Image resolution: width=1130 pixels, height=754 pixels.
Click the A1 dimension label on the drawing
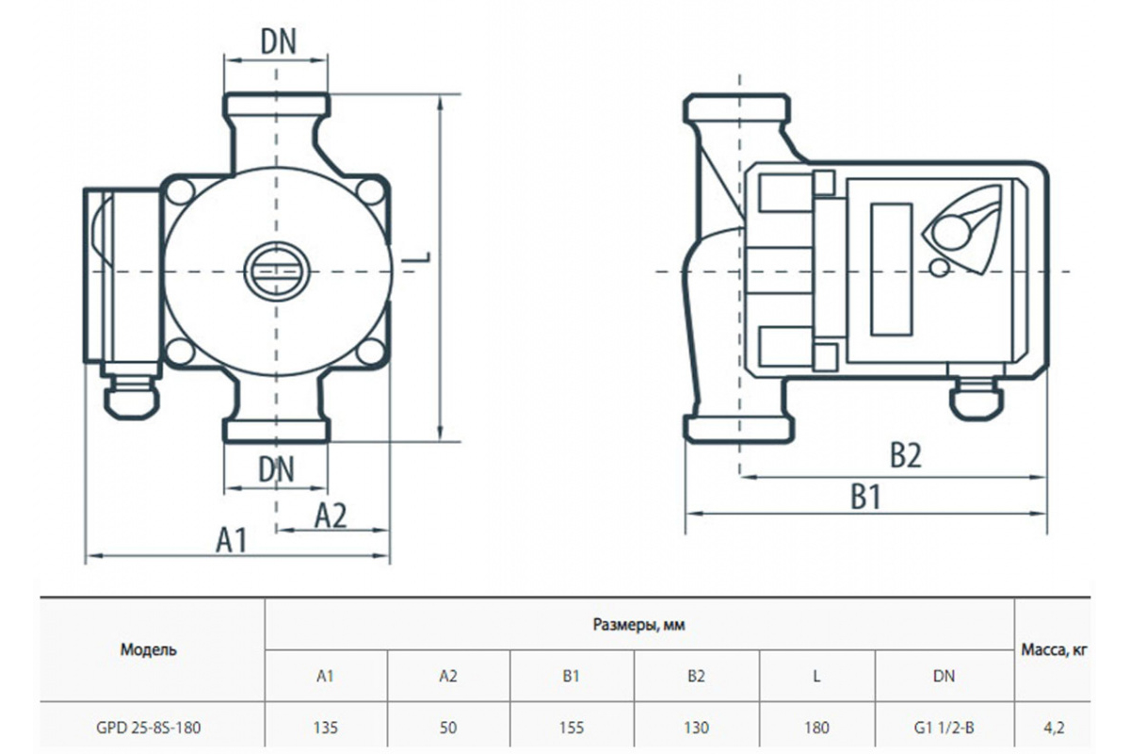click(x=232, y=539)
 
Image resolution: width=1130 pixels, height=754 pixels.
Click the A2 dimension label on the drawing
click(x=331, y=516)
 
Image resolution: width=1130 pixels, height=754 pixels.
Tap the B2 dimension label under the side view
click(x=906, y=455)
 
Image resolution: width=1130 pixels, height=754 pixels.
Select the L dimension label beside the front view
click(x=418, y=257)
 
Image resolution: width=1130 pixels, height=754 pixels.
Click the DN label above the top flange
click(x=278, y=41)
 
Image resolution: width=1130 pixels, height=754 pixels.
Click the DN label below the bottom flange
click(x=276, y=469)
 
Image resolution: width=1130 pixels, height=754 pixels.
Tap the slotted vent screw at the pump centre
click(x=277, y=271)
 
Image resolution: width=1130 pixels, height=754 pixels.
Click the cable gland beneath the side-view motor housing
click(x=977, y=398)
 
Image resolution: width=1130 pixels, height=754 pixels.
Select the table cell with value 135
click(x=326, y=728)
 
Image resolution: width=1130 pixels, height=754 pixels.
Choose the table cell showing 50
click(x=448, y=728)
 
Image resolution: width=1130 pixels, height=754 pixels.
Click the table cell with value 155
click(x=571, y=728)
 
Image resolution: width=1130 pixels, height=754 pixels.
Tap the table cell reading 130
click(x=696, y=728)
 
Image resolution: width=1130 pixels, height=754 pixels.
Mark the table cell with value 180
click(x=816, y=728)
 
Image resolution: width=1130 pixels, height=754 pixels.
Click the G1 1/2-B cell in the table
click(x=944, y=728)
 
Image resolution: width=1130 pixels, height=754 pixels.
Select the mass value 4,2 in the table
click(x=1054, y=728)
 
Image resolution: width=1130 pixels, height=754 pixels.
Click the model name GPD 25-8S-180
click(x=149, y=728)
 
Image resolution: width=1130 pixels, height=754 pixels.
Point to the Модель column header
click(x=149, y=649)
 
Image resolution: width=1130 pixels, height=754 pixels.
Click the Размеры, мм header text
click(x=638, y=625)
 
